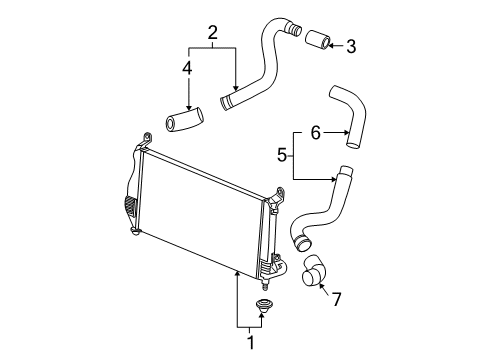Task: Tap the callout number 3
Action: (x=350, y=44)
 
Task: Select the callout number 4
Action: (x=186, y=69)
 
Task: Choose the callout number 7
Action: (x=336, y=299)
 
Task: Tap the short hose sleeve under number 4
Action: (x=185, y=122)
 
